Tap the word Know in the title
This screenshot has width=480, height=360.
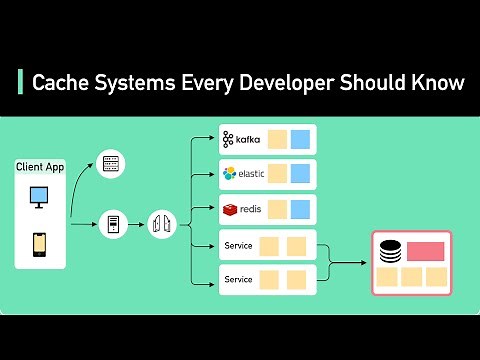click(x=438, y=83)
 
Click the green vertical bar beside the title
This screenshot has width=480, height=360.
click(x=20, y=83)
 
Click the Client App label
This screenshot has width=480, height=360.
click(x=40, y=167)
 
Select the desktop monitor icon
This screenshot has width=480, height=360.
click(x=40, y=197)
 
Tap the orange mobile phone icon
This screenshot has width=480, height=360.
click(x=40, y=243)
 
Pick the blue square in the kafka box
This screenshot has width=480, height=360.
click(x=300, y=138)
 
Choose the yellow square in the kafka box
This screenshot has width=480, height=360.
click(x=276, y=138)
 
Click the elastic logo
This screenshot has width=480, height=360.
click(x=244, y=174)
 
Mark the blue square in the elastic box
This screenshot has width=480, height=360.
click(x=300, y=174)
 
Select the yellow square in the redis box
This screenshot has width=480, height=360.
click(x=276, y=210)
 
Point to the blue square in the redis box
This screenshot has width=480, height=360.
click(x=300, y=210)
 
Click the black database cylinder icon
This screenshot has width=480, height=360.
click(x=389, y=251)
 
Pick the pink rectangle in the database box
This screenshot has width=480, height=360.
click(x=425, y=250)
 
